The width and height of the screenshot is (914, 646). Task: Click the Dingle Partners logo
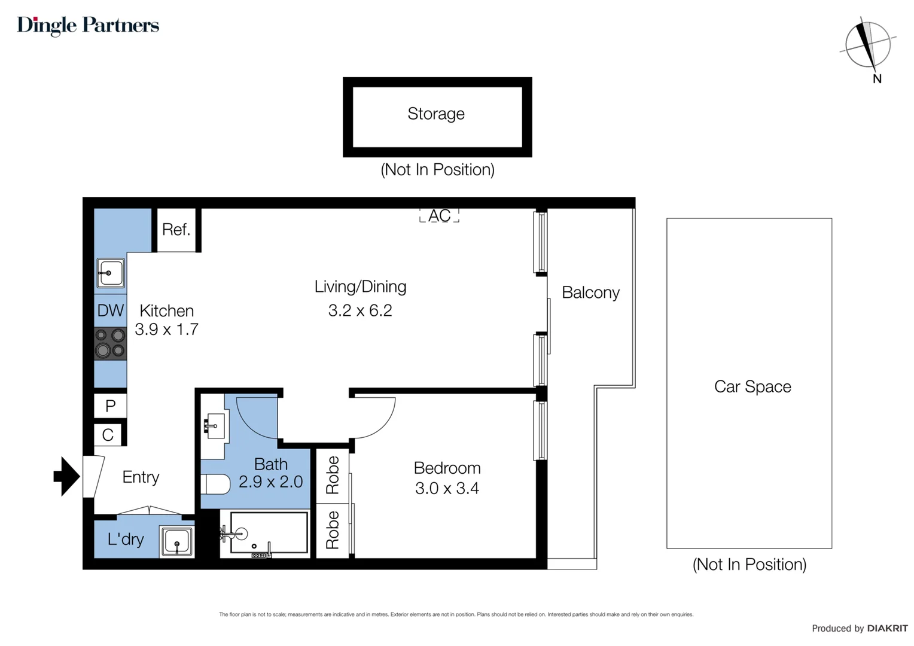point(88,25)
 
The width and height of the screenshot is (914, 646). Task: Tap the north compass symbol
point(867,45)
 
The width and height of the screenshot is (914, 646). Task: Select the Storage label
point(436,114)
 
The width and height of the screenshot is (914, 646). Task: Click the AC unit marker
point(439,215)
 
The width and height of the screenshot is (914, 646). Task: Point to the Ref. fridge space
point(176,230)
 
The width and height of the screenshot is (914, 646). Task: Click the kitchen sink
point(111,273)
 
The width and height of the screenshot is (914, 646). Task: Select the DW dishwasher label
point(111,310)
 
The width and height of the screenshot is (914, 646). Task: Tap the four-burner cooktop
point(111,343)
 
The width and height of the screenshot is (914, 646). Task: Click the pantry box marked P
point(111,406)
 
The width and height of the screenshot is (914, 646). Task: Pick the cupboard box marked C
point(108,435)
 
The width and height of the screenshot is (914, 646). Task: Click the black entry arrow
point(66,477)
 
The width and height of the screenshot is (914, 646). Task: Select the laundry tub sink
point(176,542)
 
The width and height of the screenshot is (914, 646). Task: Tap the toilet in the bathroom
point(216,484)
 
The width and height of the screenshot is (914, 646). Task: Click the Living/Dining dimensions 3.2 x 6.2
point(360,310)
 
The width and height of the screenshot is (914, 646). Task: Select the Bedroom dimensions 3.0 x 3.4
point(447,489)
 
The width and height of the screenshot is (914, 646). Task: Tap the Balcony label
point(590,292)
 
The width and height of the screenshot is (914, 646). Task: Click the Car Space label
point(752,387)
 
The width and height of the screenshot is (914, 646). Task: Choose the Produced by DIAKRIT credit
point(860,628)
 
